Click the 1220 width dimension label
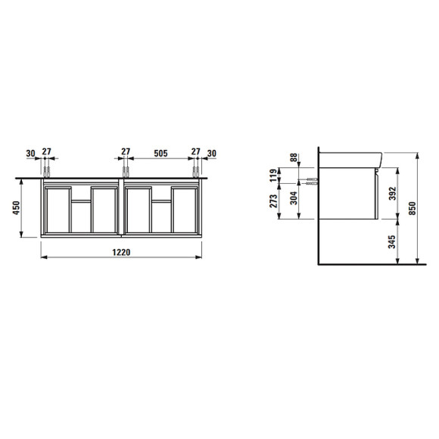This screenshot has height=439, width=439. [x=121, y=252]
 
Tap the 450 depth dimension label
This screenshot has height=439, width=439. [x=16, y=207]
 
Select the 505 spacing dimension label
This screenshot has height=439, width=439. [x=160, y=154]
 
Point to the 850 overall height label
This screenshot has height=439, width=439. [x=413, y=208]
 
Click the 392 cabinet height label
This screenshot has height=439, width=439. [x=393, y=193]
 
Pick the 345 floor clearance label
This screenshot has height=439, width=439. [x=392, y=241]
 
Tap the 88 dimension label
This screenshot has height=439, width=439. [x=294, y=157]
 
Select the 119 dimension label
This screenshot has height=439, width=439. [x=273, y=175]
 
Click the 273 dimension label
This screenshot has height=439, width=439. [x=273, y=201]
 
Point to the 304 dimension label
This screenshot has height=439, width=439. [x=294, y=198]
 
